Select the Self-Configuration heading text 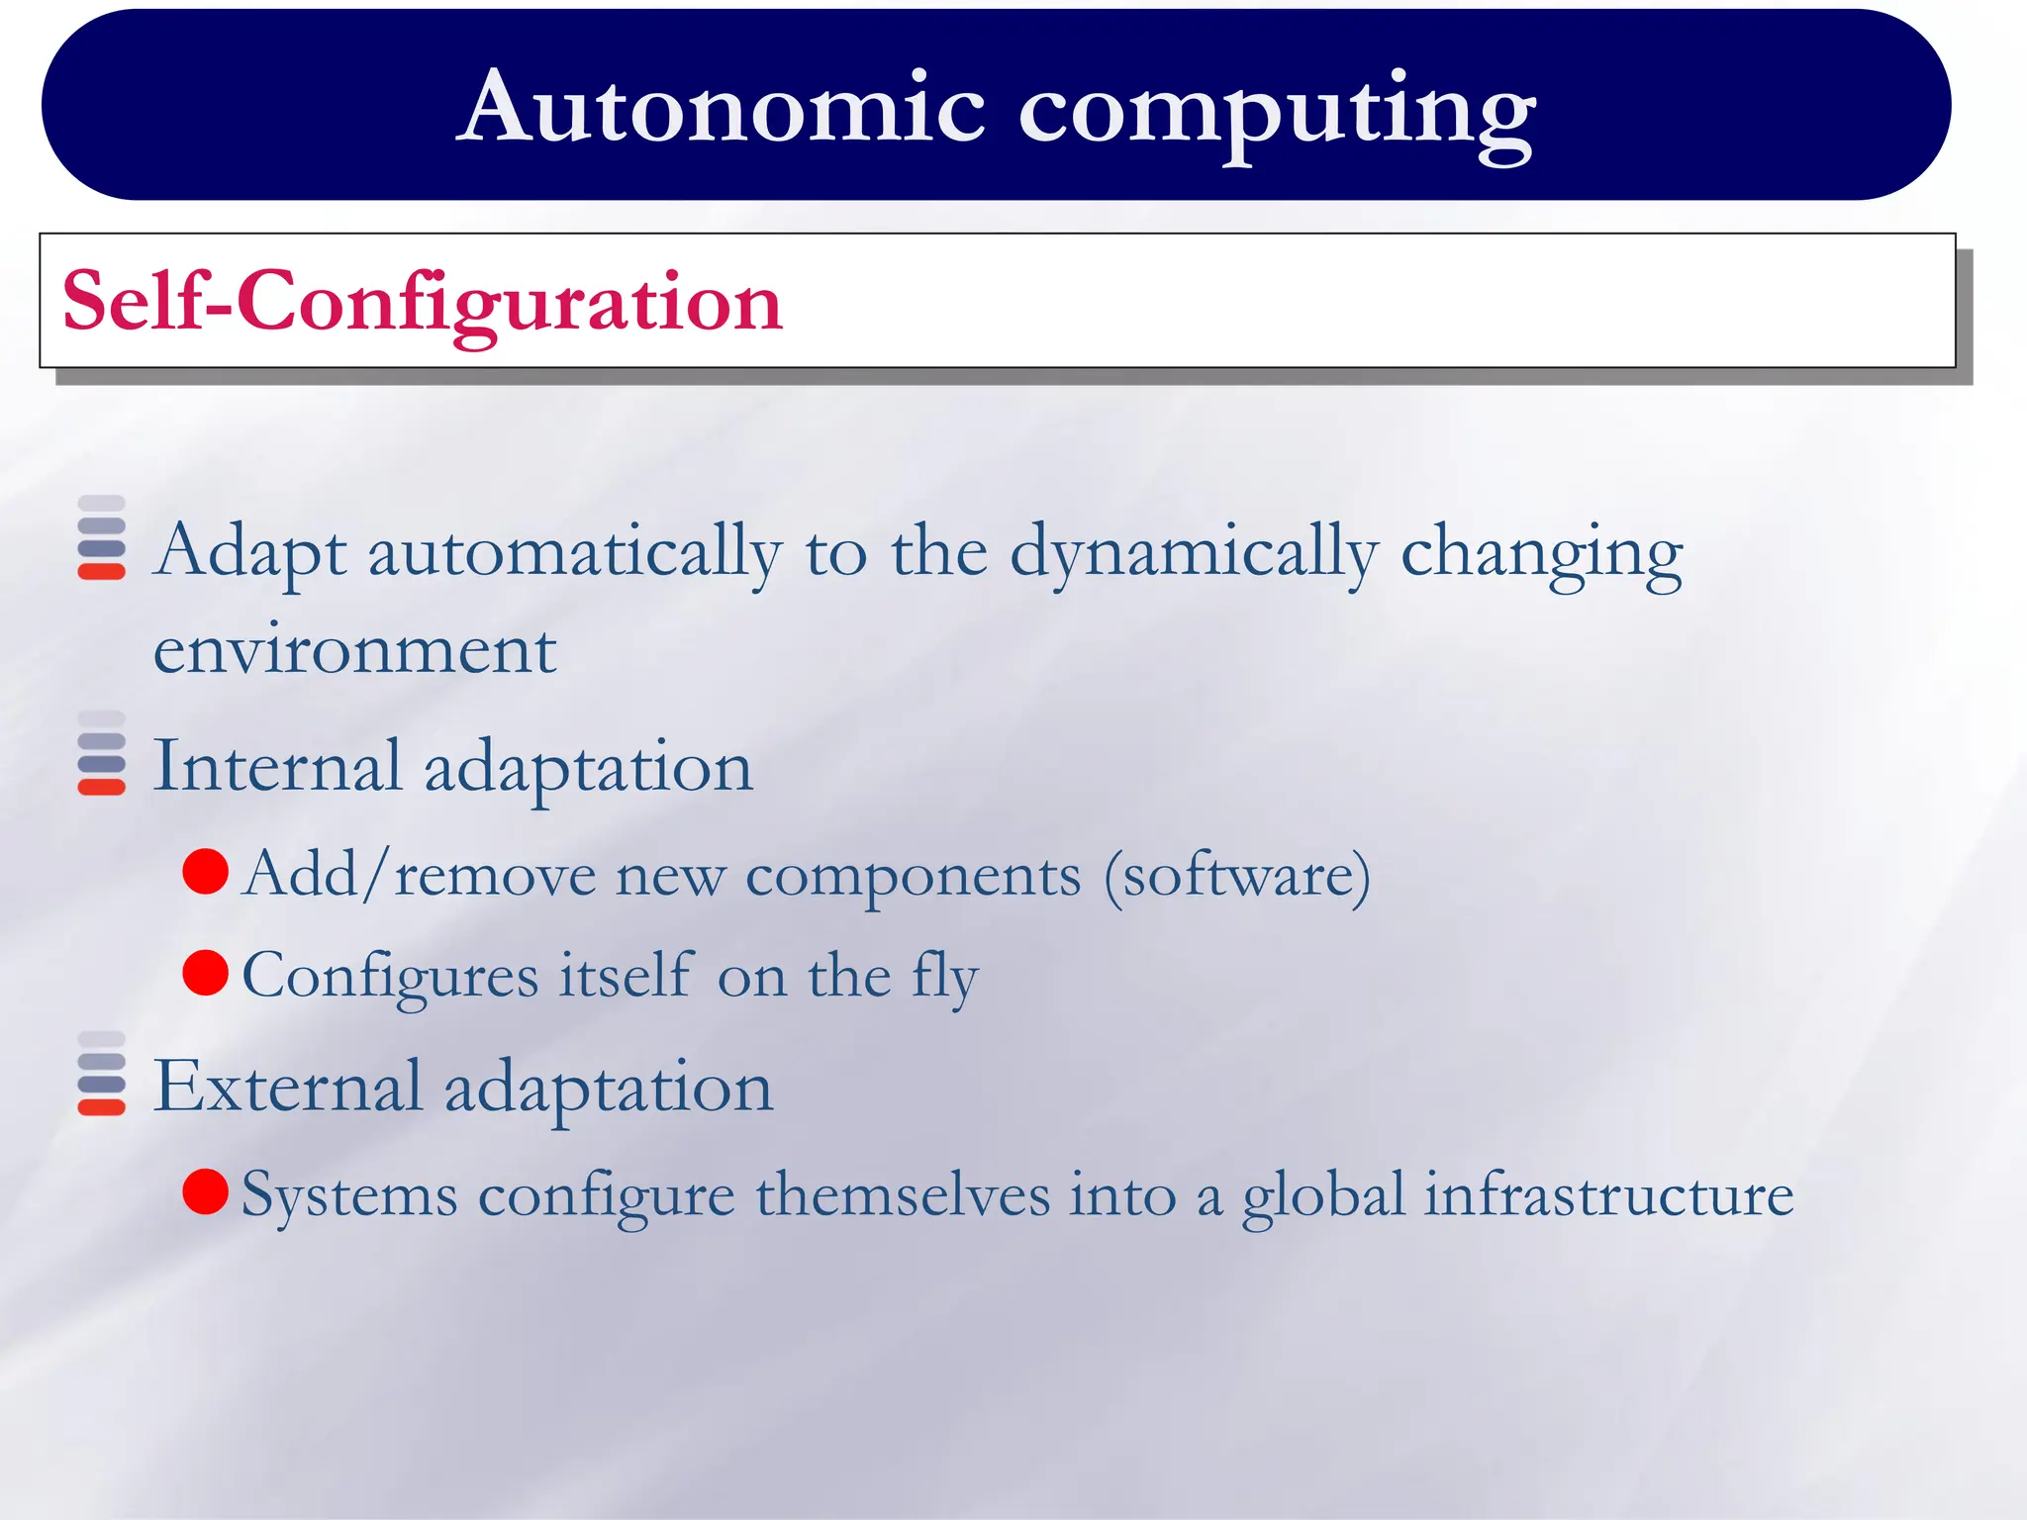point(423,301)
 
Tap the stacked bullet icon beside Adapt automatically point(101,537)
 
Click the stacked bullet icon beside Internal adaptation point(101,753)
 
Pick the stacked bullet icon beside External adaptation point(101,1074)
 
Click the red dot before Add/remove point(206,872)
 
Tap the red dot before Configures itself point(206,973)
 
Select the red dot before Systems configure point(206,1191)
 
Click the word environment point(354,652)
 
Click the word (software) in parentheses point(1237,875)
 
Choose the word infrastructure point(1608,1195)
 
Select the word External point(288,1087)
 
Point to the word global point(1323,1195)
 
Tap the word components point(913,877)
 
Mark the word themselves point(903,1194)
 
